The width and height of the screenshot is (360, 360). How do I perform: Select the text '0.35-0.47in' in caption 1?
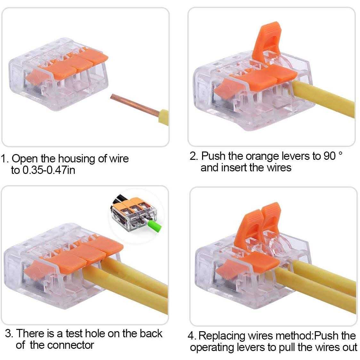point(48,170)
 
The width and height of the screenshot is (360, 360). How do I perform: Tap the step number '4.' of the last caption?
point(192,336)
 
